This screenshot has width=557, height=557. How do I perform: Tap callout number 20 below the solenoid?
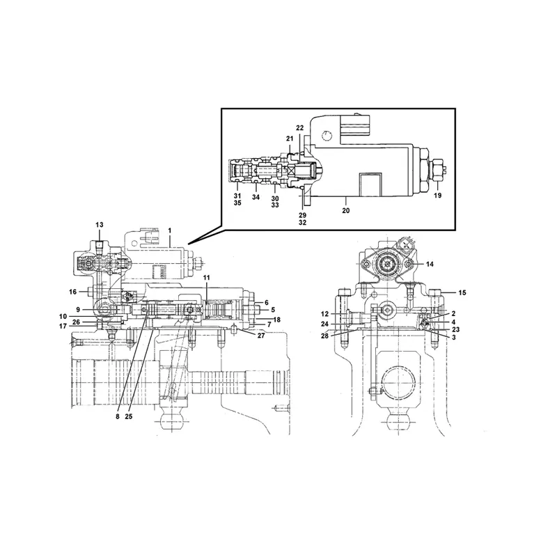pyautogui.click(x=346, y=208)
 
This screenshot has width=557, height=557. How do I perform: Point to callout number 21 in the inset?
pyautogui.click(x=290, y=139)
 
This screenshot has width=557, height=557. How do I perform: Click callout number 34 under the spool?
pyautogui.click(x=256, y=197)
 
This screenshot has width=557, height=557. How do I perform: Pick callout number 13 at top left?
pyautogui.click(x=99, y=224)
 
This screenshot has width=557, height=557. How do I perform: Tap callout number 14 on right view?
pyautogui.click(x=430, y=264)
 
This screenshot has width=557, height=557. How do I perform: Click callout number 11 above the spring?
pyautogui.click(x=206, y=278)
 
